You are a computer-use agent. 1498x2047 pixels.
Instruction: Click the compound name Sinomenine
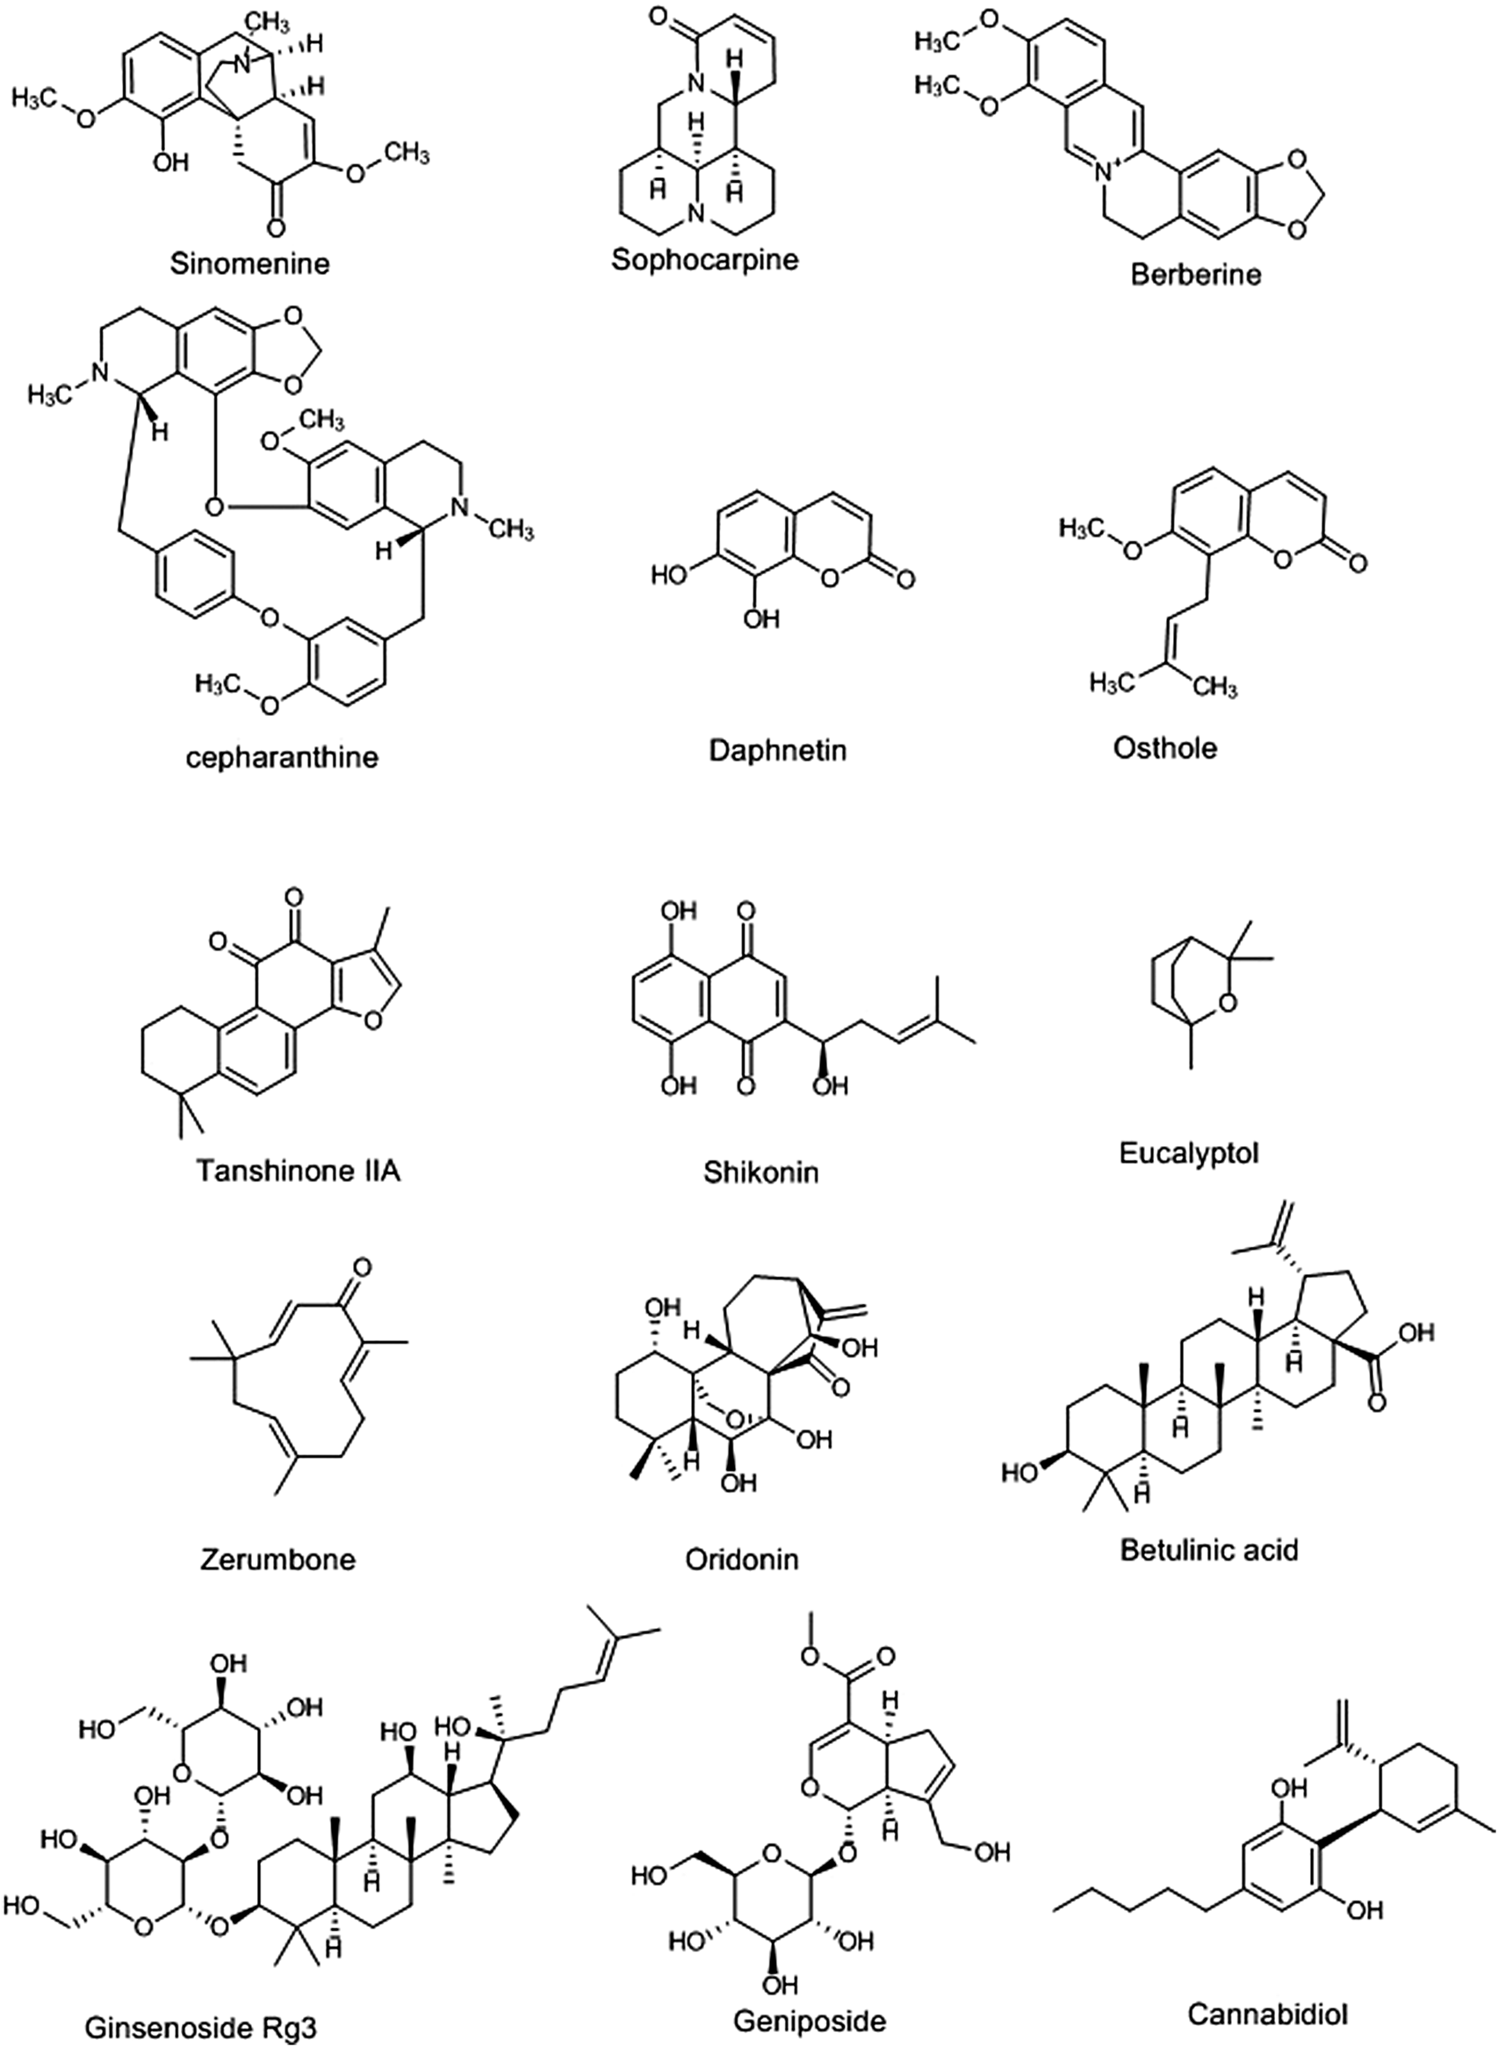(249, 263)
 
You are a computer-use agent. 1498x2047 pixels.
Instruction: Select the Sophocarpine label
(704, 259)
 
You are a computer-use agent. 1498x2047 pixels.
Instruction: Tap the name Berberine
(1195, 274)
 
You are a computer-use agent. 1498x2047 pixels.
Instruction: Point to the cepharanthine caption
(281, 756)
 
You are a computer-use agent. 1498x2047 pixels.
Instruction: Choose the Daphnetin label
(779, 750)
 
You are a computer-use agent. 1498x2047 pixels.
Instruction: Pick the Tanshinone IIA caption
(299, 1170)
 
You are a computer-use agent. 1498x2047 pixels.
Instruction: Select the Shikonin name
(760, 1171)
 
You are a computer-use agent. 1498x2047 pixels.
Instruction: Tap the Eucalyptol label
(1189, 1153)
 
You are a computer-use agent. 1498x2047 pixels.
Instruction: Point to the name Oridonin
(742, 1559)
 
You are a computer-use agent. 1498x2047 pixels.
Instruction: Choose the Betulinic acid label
(1209, 1549)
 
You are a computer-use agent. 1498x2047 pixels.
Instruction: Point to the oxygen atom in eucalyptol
(1228, 1003)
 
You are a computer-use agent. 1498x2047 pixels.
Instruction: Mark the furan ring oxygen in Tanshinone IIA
(370, 1021)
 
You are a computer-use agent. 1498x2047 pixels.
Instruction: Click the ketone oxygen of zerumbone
(362, 1266)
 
